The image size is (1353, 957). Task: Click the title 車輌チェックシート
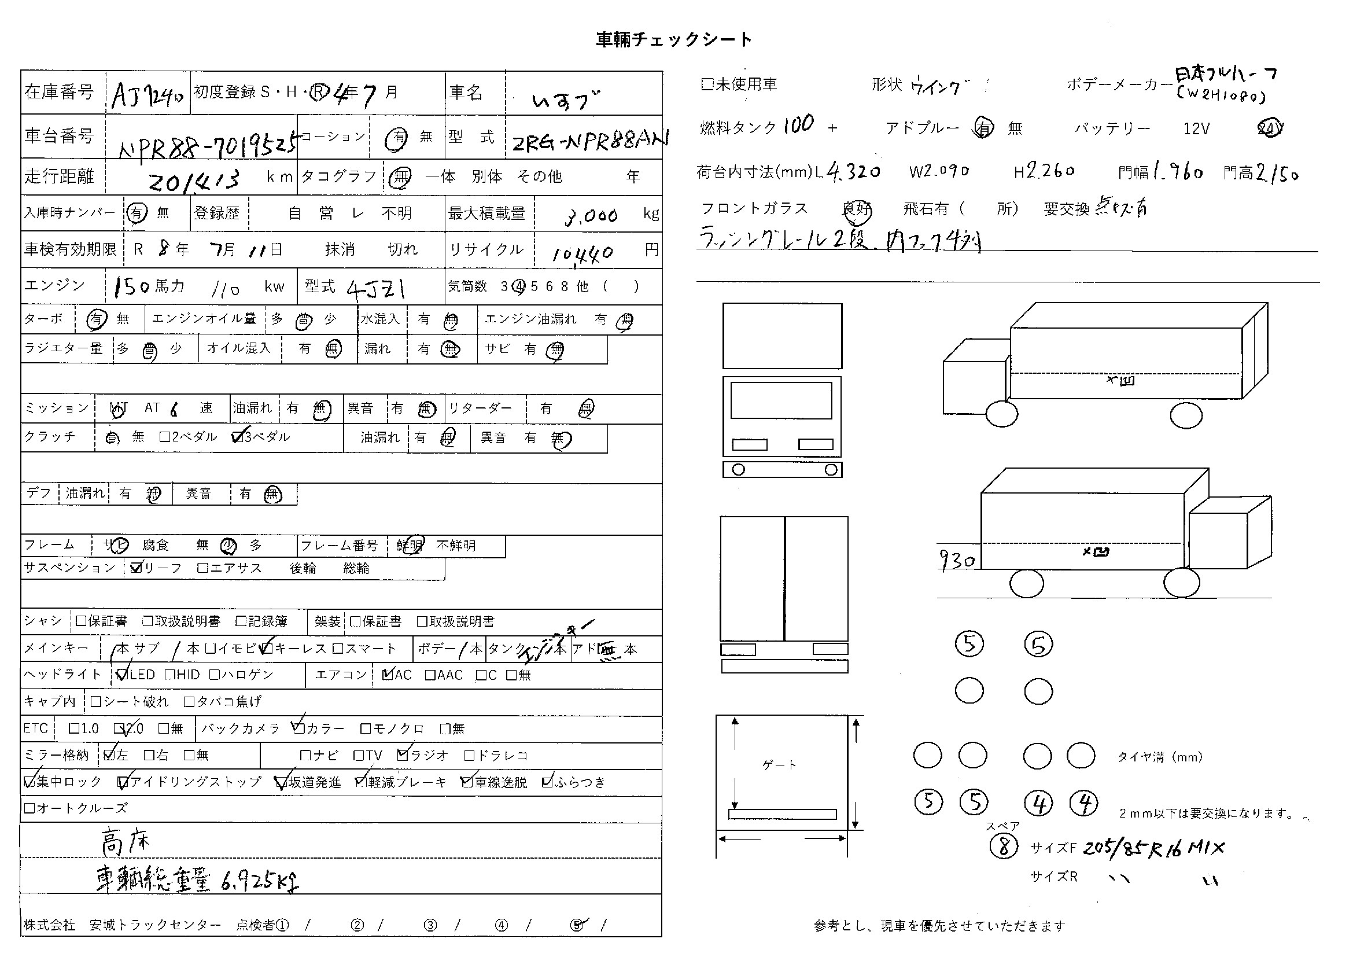(x=673, y=39)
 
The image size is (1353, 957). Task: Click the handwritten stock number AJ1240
(x=148, y=94)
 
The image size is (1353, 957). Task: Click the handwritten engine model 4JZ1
(x=375, y=288)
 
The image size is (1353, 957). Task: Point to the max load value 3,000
(x=591, y=216)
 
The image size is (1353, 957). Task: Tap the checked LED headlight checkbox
(x=122, y=675)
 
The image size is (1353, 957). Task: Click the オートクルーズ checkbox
(x=29, y=808)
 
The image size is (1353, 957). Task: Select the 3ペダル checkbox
(x=238, y=437)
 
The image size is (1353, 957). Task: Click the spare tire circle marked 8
(x=1004, y=847)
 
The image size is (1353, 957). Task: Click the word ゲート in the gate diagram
(x=779, y=765)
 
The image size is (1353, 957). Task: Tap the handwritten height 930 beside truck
(x=956, y=560)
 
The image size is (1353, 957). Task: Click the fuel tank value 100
(x=798, y=124)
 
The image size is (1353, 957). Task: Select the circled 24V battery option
(x=1269, y=128)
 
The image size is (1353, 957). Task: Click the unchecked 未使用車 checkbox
(x=707, y=84)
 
